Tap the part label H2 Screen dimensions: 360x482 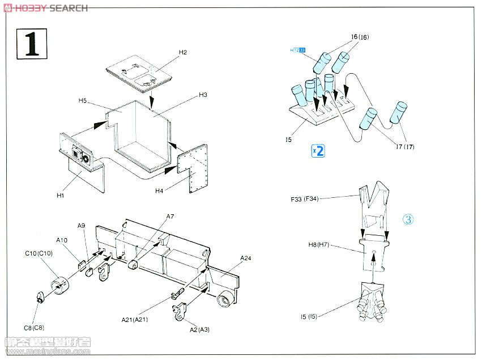pyautogui.click(x=182, y=52)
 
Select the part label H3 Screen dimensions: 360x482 pyautogui.click(x=203, y=95)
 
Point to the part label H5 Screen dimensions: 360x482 pyautogui.click(x=82, y=101)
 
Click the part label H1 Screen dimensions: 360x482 pyautogui.click(x=61, y=195)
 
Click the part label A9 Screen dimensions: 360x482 pyautogui.click(x=81, y=226)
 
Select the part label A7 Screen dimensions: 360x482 pyautogui.click(x=170, y=217)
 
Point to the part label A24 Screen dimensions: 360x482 pyautogui.click(x=245, y=259)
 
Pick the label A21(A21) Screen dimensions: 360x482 pyautogui.click(x=135, y=319)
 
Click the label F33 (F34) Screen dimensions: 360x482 pyautogui.click(x=306, y=199)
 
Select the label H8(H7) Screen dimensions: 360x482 pyautogui.click(x=319, y=245)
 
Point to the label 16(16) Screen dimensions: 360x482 pyautogui.click(x=360, y=37)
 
